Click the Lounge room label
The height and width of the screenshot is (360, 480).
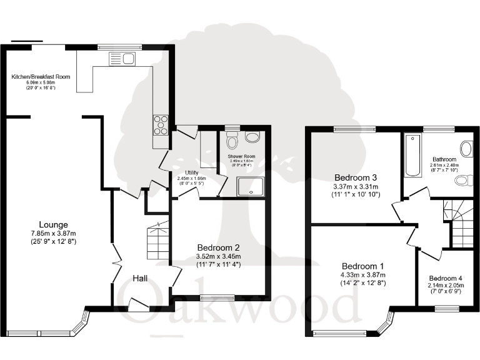pyautogui.click(x=54, y=225)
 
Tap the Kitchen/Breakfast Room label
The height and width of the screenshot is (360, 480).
pyautogui.click(x=41, y=77)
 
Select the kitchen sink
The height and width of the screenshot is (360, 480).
pyautogui.click(x=122, y=59)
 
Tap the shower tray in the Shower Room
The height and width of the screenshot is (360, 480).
pyautogui.click(x=250, y=185)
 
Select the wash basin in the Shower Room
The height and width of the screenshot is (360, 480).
pyautogui.click(x=253, y=137)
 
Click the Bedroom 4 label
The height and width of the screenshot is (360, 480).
pyautogui.click(x=446, y=279)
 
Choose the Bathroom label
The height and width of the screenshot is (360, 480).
pyautogui.click(x=444, y=159)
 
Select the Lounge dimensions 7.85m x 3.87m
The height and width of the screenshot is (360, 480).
pyautogui.click(x=53, y=233)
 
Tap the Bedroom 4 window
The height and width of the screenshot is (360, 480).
pyautogui.click(x=447, y=308)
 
